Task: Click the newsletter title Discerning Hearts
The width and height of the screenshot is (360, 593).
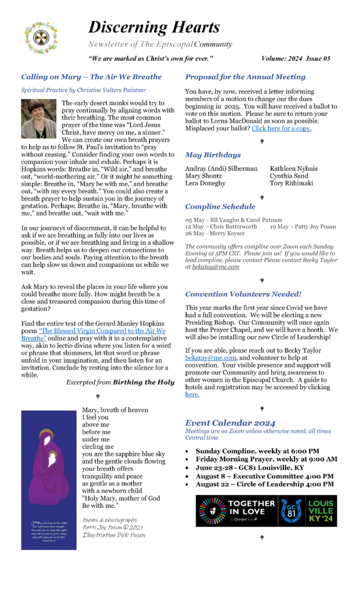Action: click(x=154, y=27)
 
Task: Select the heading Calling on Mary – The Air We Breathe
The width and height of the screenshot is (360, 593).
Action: click(x=91, y=77)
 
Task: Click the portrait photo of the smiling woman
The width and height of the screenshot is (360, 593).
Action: click(x=39, y=118)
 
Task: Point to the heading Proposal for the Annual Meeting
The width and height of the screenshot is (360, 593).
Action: click(x=245, y=77)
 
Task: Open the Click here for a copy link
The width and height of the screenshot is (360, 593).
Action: click(x=281, y=129)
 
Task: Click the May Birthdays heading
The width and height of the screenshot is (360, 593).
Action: click(x=213, y=155)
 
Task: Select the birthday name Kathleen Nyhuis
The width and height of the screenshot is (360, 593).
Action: click(x=293, y=169)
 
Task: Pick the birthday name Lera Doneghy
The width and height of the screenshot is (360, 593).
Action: click(x=207, y=184)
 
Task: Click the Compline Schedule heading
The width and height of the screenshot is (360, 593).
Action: click(x=220, y=207)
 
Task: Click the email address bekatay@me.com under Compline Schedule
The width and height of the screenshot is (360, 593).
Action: click(x=208, y=267)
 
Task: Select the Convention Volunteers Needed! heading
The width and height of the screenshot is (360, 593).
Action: click(x=243, y=294)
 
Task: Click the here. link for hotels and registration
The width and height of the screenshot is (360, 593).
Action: click(x=192, y=394)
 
